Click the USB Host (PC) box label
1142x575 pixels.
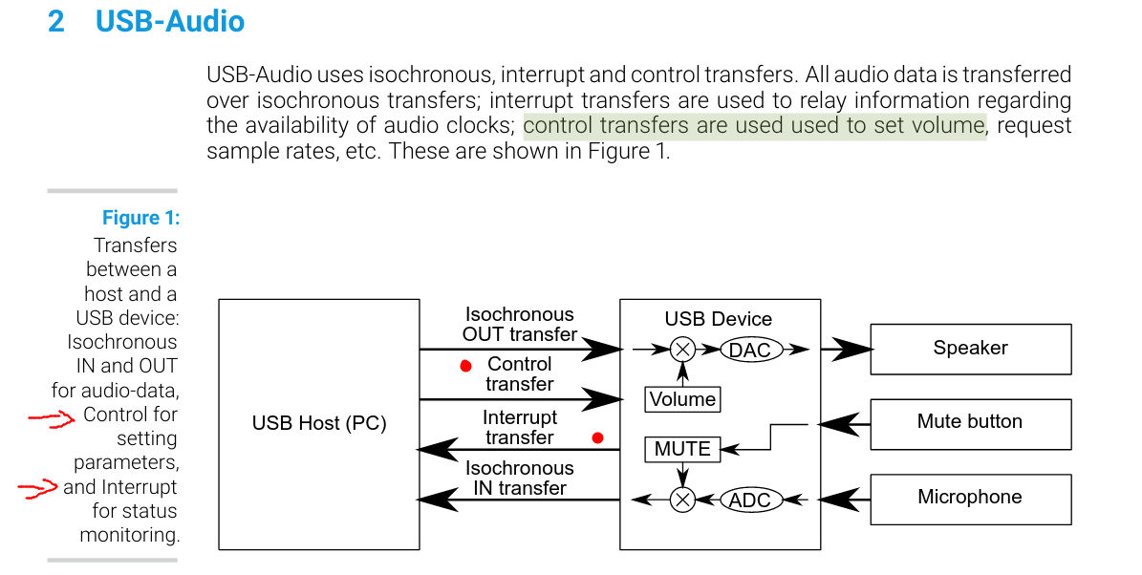319,423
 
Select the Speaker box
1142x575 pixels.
971,350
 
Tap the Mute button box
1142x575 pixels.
971,423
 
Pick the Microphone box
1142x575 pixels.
971,500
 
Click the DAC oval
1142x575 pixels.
750,351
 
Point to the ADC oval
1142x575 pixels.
750,500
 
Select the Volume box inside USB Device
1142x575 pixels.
682,399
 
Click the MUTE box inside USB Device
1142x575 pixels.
682,449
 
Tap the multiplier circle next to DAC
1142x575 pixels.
682,351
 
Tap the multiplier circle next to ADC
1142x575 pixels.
682,500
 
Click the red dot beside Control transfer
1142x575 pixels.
466,366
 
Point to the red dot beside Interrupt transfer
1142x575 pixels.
598,437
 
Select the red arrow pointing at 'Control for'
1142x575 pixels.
51,417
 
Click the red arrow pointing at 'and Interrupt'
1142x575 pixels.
38,488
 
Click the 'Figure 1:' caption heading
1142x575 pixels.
140,218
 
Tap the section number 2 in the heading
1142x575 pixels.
56,21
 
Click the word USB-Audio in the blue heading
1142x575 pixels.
170,21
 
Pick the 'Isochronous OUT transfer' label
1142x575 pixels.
519,324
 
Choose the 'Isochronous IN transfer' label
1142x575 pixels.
519,479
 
